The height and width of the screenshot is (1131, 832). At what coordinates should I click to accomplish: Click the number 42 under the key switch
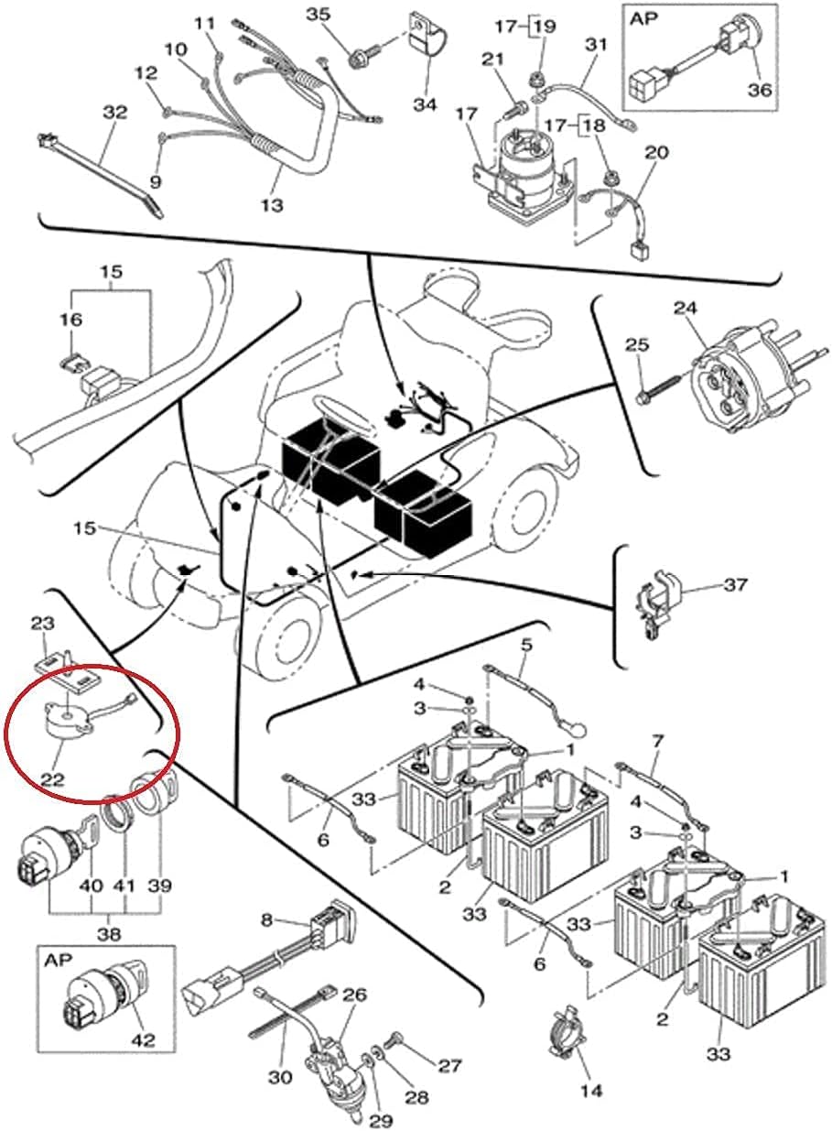point(143,1040)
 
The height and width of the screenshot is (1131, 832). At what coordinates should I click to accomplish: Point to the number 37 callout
point(734,585)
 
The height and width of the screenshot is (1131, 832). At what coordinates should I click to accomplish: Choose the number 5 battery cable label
point(525,646)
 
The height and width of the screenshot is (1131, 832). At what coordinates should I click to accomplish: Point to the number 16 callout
point(71,320)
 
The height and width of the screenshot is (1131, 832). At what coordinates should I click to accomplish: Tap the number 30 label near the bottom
point(280,1077)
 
